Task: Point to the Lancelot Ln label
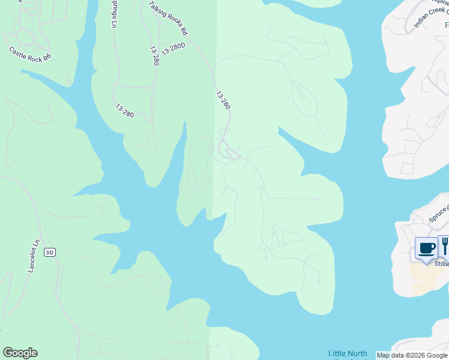(34, 256)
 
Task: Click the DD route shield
(50, 253)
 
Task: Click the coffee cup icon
(426, 248)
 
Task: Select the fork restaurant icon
(445, 246)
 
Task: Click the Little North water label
(348, 353)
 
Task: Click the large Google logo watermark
(20, 353)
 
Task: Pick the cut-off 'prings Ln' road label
(113, 14)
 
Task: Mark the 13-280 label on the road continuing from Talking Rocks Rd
(223, 100)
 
